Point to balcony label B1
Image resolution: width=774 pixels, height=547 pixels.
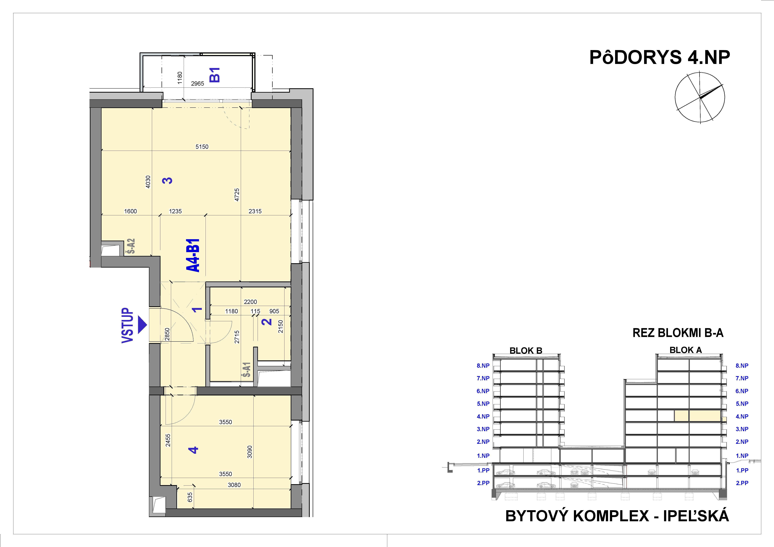215,75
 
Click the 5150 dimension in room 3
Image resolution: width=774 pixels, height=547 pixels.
202,147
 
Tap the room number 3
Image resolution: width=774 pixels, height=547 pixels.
167,180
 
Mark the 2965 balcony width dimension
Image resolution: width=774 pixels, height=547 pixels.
198,84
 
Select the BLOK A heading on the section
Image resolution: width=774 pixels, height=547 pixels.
685,350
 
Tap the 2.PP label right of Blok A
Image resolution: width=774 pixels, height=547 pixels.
742,483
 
